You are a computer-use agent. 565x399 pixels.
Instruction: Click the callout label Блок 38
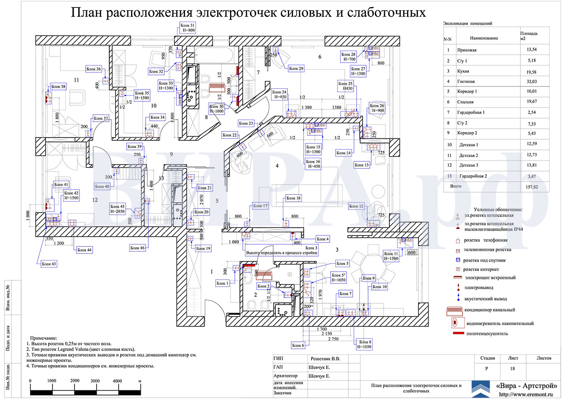click(x=58, y=86)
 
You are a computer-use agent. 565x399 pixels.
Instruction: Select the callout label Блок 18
click(x=293, y=198)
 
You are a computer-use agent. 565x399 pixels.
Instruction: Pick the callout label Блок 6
click(x=298, y=345)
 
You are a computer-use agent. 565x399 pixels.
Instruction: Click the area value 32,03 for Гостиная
click(x=528, y=82)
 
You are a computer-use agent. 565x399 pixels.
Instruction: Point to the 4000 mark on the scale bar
click(x=117, y=380)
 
